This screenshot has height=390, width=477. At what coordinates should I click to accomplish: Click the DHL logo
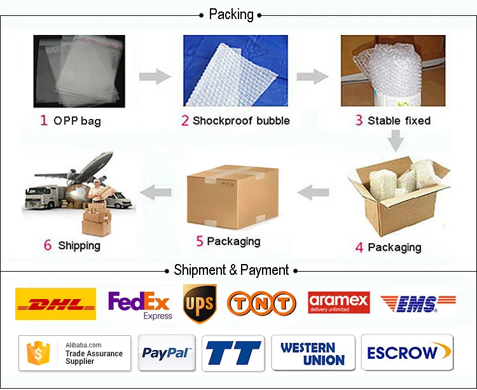pyautogui.click(x=55, y=303)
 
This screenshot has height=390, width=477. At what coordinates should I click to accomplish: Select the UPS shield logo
pyautogui.click(x=199, y=303)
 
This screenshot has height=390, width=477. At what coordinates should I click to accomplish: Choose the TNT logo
pyautogui.click(x=261, y=303)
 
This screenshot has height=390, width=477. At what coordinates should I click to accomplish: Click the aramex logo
pyautogui.click(x=338, y=302)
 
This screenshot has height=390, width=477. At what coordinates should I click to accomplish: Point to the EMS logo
pyautogui.click(x=418, y=303)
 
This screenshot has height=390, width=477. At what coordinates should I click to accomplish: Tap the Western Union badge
pyautogui.click(x=313, y=352)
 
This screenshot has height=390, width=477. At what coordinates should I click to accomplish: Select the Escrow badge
pyautogui.click(x=407, y=352)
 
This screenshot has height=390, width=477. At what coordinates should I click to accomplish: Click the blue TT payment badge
pyautogui.click(x=233, y=352)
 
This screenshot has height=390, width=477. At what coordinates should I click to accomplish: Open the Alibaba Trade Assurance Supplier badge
pyautogui.click(x=74, y=352)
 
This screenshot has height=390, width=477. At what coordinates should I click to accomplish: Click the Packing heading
pyautogui.click(x=231, y=14)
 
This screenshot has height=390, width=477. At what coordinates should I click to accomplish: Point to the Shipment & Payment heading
pyautogui.click(x=231, y=270)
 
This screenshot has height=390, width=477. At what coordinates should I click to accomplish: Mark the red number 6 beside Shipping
pyautogui.click(x=48, y=246)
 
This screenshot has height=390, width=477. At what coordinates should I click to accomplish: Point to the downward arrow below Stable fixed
pyautogui.click(x=397, y=140)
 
